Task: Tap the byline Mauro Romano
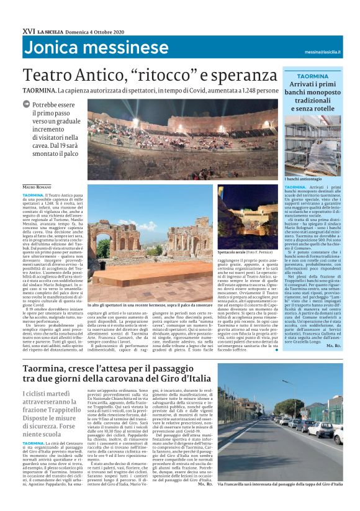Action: point(37,186)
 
